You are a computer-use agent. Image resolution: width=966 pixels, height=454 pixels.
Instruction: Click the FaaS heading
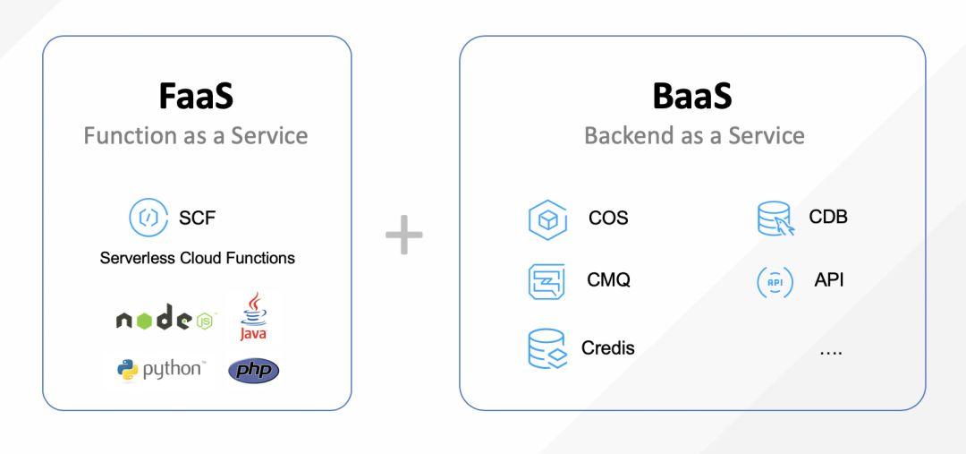(x=197, y=98)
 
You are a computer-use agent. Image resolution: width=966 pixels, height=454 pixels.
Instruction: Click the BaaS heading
(x=692, y=97)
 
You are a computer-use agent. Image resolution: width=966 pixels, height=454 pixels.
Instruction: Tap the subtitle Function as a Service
(x=196, y=135)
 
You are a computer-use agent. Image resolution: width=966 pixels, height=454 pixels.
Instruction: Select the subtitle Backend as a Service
(x=694, y=135)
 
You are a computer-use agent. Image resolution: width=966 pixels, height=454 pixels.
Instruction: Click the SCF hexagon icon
(x=147, y=217)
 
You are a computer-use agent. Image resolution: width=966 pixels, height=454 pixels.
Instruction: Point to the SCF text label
(x=197, y=217)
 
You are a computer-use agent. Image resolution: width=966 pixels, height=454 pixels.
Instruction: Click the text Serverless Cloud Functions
(x=198, y=258)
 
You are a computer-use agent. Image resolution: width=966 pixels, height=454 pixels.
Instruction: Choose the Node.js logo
(x=166, y=320)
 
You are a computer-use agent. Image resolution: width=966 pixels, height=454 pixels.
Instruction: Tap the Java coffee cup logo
(x=253, y=318)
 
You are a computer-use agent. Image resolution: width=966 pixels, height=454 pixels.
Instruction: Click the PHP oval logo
(x=253, y=370)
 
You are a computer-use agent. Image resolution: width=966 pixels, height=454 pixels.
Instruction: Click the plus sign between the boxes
(x=404, y=236)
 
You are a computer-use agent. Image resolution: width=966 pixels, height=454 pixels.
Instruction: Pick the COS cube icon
(x=547, y=219)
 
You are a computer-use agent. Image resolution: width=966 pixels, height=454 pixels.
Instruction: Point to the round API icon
(x=775, y=281)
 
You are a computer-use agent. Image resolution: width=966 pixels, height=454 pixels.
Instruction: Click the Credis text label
(x=608, y=347)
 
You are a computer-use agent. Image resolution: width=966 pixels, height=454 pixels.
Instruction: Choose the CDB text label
(x=828, y=217)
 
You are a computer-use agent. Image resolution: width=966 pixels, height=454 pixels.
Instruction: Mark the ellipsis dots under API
(x=830, y=352)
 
